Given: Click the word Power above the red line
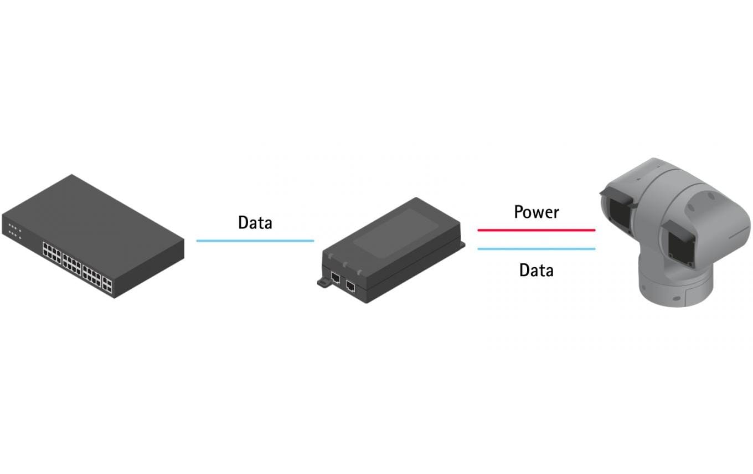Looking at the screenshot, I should (536, 212).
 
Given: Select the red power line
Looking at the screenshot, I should (536, 230).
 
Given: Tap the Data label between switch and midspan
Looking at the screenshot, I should (255, 223).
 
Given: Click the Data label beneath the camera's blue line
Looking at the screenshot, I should (536, 271).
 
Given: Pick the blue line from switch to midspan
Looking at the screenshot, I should (255, 241).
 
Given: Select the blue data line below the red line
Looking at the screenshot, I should (536, 249).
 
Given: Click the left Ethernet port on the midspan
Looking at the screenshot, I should (335, 278).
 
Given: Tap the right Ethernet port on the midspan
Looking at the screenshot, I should (350, 286).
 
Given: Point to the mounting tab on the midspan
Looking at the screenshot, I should (323, 282).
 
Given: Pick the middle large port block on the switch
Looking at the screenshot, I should (72, 264).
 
